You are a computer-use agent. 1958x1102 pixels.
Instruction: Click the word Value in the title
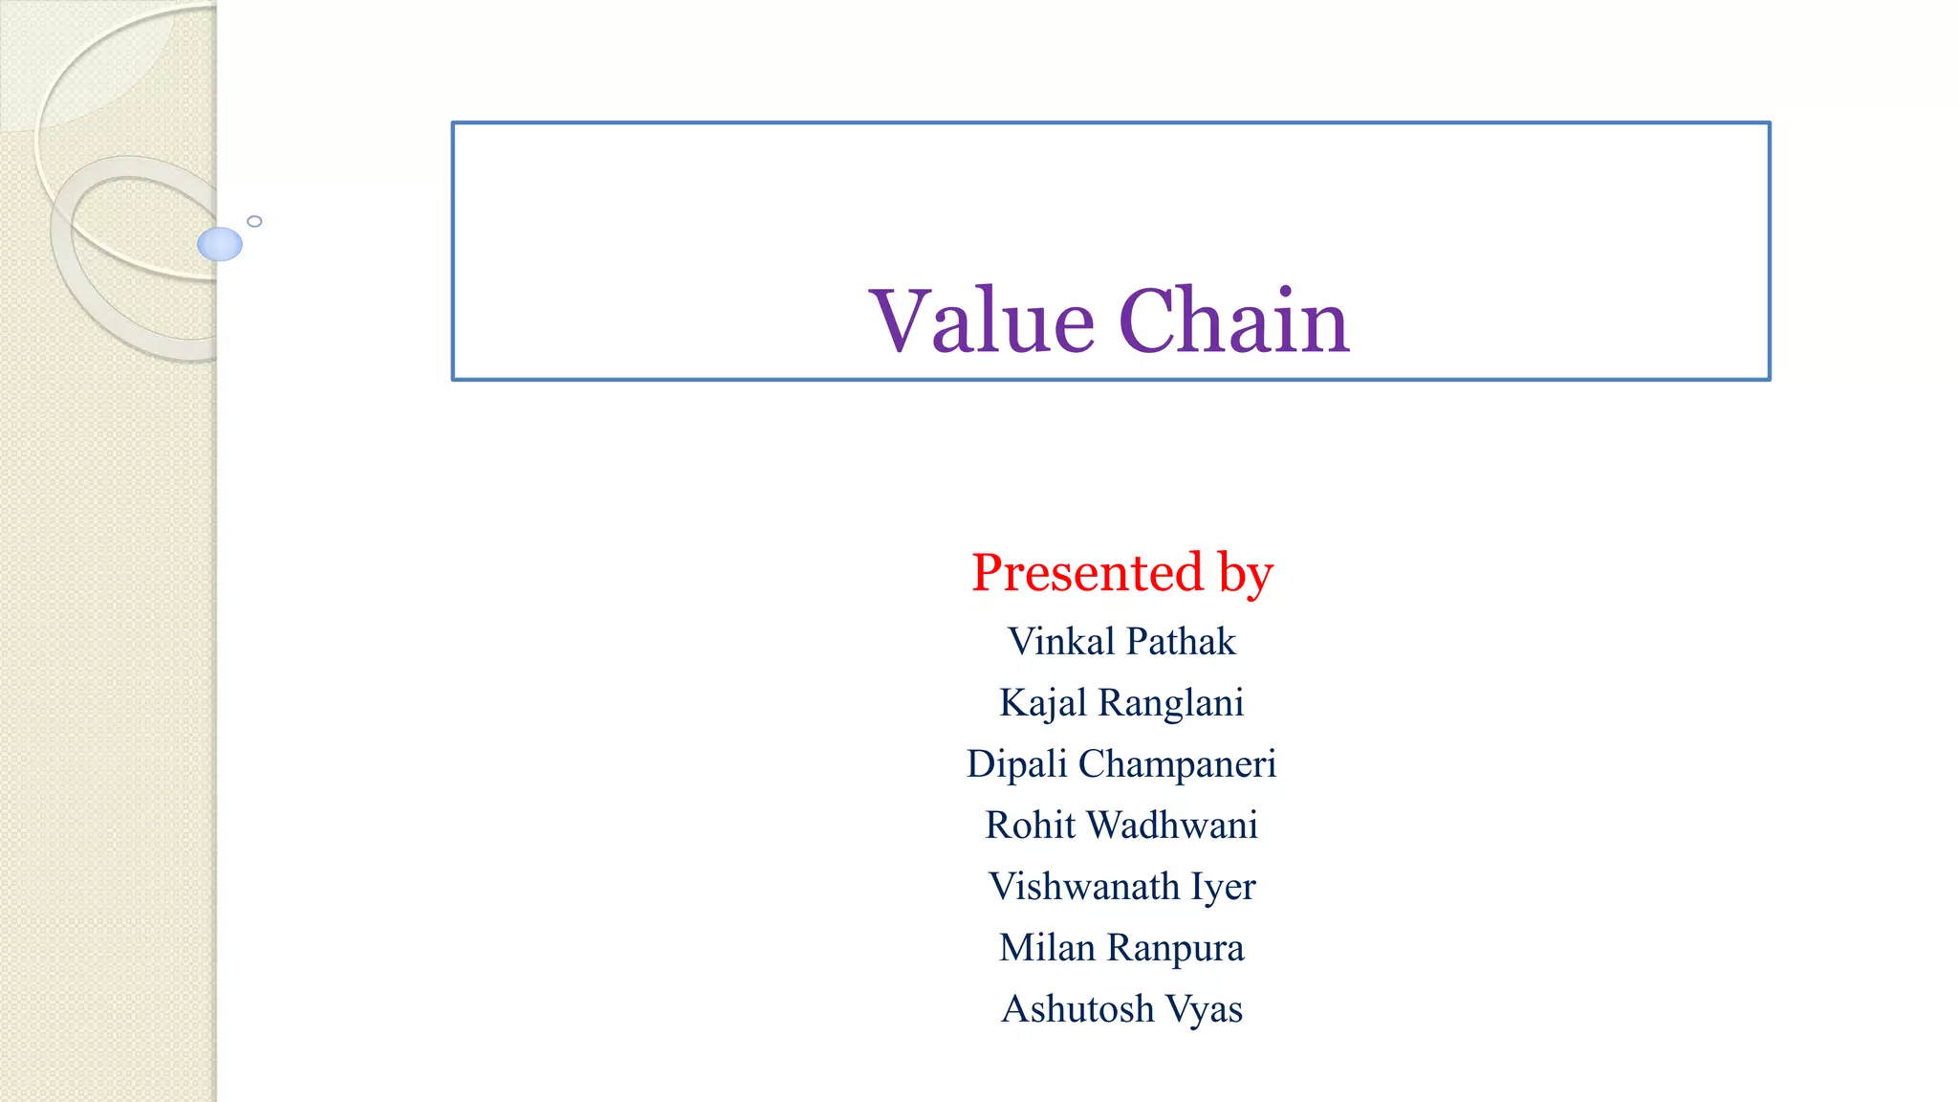click(981, 321)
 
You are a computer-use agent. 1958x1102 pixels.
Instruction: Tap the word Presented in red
click(1087, 572)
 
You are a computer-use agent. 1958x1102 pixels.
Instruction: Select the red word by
click(1245, 574)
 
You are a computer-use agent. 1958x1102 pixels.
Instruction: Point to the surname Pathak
click(1181, 641)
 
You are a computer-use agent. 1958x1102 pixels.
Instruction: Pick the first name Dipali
click(1016, 764)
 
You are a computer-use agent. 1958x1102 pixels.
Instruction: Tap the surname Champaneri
click(1177, 764)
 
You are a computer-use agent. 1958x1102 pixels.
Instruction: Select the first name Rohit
click(1030, 826)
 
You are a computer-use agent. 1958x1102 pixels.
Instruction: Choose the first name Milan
click(1047, 948)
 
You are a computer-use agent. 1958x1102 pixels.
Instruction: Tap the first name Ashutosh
click(1077, 1009)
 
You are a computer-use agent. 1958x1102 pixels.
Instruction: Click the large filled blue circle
click(220, 244)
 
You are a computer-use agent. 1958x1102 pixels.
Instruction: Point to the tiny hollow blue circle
click(254, 221)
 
